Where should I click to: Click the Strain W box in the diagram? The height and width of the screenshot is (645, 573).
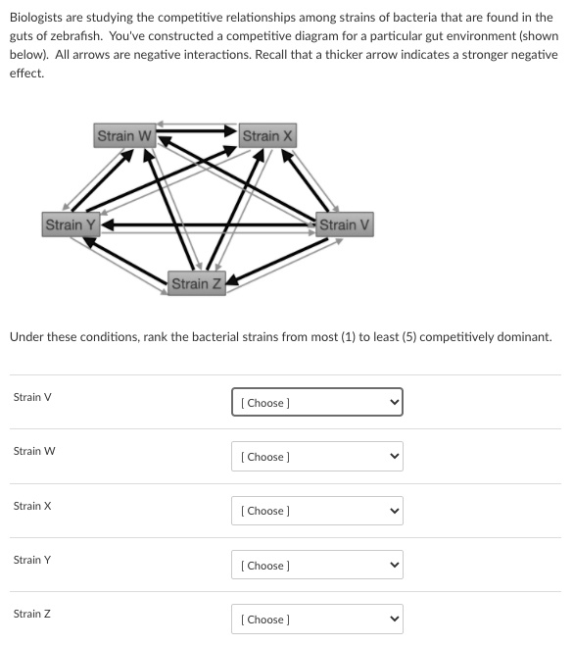pos(124,135)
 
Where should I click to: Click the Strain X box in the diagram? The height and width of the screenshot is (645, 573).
pos(267,135)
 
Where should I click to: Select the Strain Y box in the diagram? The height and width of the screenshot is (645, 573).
pos(71,224)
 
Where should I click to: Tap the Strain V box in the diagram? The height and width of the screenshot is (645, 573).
pos(345,224)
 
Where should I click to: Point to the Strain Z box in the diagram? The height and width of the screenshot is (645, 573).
pos(196,284)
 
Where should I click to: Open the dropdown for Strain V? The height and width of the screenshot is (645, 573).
pos(316,402)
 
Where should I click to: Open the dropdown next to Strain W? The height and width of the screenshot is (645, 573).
pos(316,457)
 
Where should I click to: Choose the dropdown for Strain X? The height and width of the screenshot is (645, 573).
pos(316,511)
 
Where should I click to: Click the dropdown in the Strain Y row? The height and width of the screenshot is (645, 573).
pos(316,566)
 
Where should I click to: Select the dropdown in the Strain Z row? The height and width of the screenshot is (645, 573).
pos(316,620)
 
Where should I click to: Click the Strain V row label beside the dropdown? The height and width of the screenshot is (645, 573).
pos(32,397)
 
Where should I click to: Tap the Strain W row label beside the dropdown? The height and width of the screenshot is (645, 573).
pos(34,451)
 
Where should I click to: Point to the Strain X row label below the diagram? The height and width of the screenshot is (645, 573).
pos(32,506)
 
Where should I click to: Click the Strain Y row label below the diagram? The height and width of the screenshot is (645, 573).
pos(32,560)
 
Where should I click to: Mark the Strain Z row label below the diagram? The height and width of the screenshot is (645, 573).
pos(32,614)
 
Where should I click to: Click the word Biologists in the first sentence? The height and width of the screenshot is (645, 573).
pos(36,18)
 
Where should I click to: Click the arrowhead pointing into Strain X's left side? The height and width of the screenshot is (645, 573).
pos(231,130)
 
